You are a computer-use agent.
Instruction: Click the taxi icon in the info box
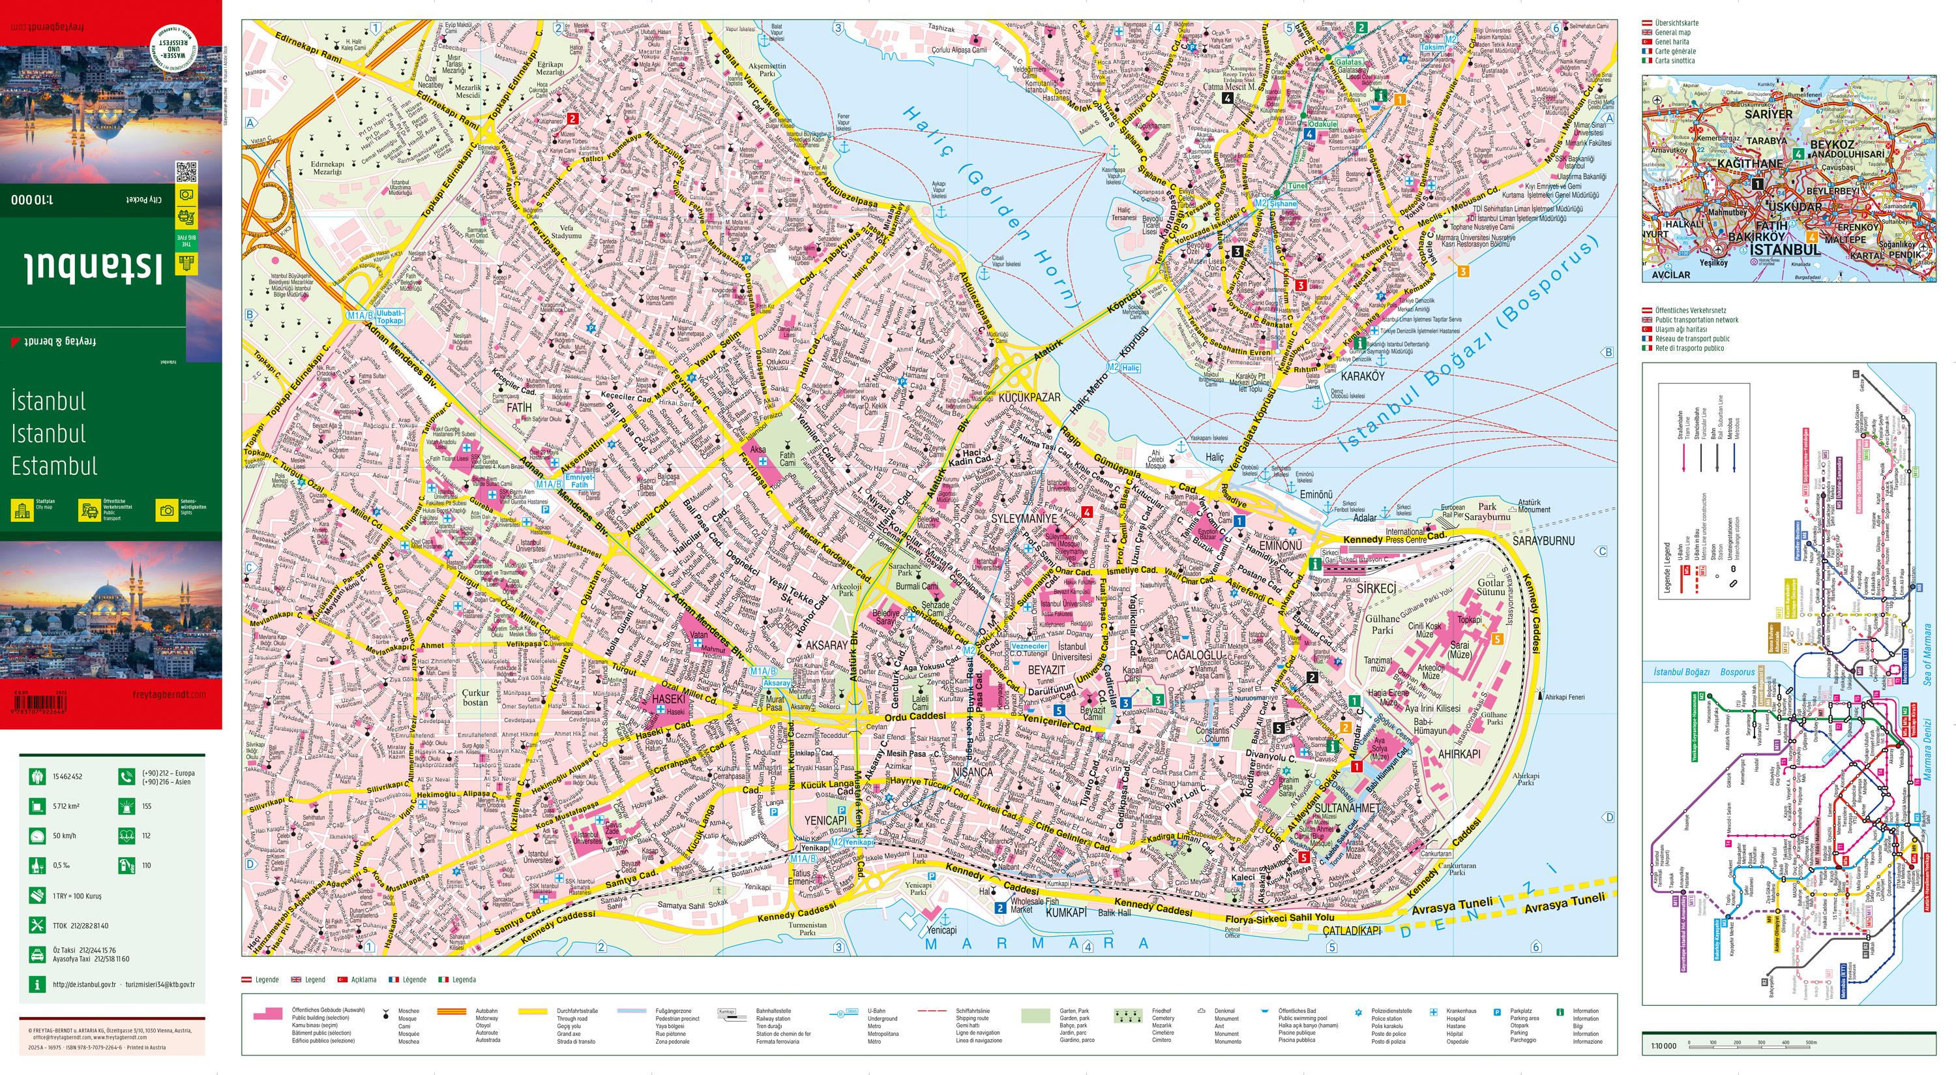click(36, 955)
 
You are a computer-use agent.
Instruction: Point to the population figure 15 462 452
click(68, 776)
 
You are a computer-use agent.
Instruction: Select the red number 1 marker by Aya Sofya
click(1356, 767)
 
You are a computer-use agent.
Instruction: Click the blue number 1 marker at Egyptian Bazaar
click(1240, 521)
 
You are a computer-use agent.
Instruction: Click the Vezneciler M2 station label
click(1029, 646)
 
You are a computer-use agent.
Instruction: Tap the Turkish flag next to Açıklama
click(342, 980)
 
